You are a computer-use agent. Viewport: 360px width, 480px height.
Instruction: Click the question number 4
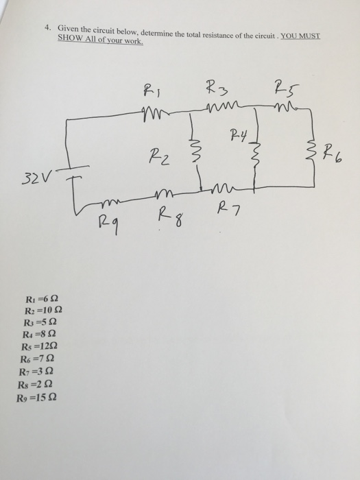coord(48,29)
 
